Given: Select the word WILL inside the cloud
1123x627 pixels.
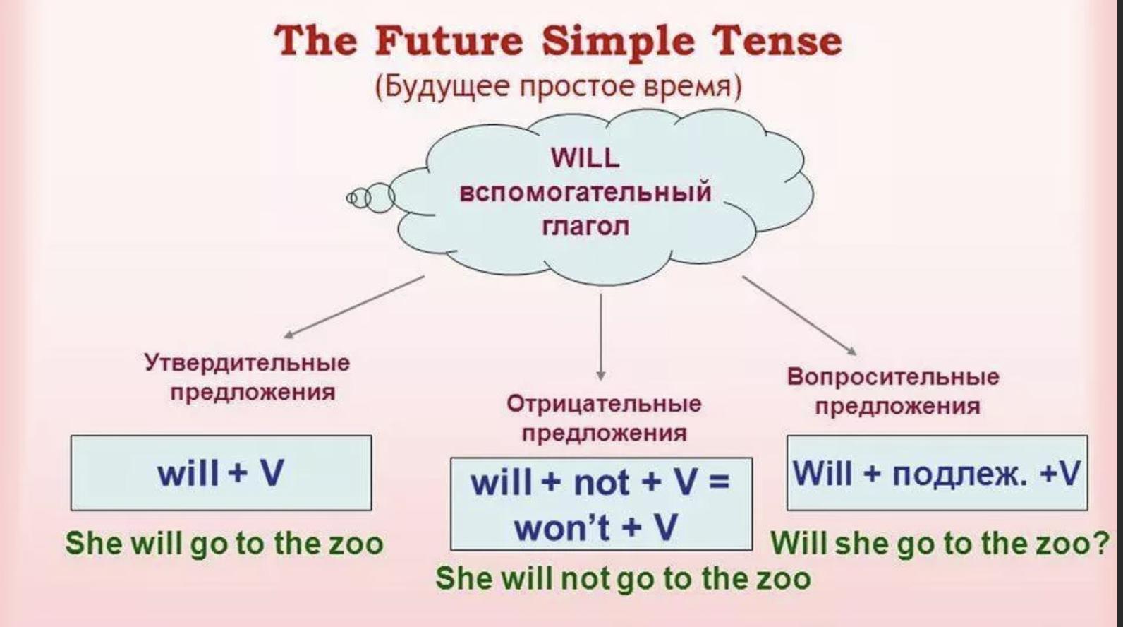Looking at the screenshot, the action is pyautogui.click(x=585, y=159).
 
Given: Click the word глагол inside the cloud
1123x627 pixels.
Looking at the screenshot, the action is pyautogui.click(x=585, y=227).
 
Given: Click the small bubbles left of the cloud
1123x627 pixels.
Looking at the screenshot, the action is pyautogui.click(x=370, y=197).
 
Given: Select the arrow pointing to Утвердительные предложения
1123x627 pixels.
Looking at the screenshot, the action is pyautogui.click(x=354, y=307).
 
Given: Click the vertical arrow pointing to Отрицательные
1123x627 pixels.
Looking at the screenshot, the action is pyautogui.click(x=600, y=336).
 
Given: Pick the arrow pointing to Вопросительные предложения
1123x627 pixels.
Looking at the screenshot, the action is pyautogui.click(x=799, y=315).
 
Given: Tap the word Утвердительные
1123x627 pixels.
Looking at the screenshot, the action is pyautogui.click(x=247, y=362).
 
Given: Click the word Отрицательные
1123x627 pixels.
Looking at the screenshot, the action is pyautogui.click(x=604, y=404).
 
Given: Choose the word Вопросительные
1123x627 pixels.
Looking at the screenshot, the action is pyautogui.click(x=893, y=377).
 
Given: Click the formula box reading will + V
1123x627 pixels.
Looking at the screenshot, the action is pyautogui.click(x=221, y=473).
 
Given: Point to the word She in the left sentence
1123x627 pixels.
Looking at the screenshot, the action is pyautogui.click(x=94, y=543).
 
